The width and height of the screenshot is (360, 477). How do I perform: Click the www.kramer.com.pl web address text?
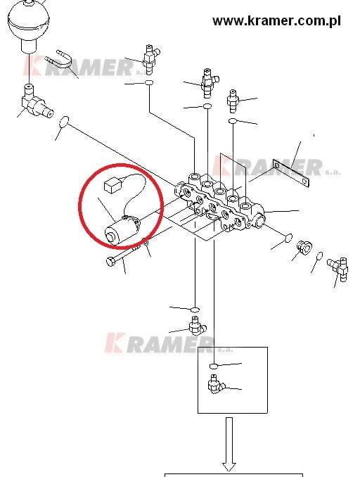pyautogui.click(x=276, y=21)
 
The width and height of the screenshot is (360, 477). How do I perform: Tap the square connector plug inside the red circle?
pyautogui.click(x=112, y=185)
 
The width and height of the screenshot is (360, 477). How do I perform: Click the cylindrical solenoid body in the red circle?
pyautogui.click(x=121, y=230)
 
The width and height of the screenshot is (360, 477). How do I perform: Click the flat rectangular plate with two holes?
pyautogui.click(x=290, y=173)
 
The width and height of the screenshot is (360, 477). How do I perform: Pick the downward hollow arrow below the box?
pyautogui.click(x=229, y=445)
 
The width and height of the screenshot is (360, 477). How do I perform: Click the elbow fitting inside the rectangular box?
pyautogui.click(x=216, y=384)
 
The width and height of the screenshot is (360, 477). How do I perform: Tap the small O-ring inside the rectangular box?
pyautogui.click(x=214, y=366)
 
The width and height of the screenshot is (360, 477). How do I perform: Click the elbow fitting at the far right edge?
pyautogui.click(x=338, y=269)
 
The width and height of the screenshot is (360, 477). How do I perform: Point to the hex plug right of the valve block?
pyautogui.click(x=303, y=246)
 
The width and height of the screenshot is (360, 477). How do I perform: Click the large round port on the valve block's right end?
pyautogui.click(x=259, y=221)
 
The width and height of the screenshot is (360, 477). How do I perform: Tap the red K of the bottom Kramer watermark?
pyautogui.click(x=115, y=343)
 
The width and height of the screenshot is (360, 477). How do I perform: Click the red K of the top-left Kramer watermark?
pyautogui.click(x=32, y=65)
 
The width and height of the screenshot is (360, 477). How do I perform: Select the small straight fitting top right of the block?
pyautogui.click(x=233, y=101)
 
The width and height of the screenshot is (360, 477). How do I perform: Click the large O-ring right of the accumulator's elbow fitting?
pyautogui.click(x=64, y=122)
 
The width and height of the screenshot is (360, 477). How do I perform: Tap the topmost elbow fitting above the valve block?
pyautogui.click(x=150, y=58)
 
